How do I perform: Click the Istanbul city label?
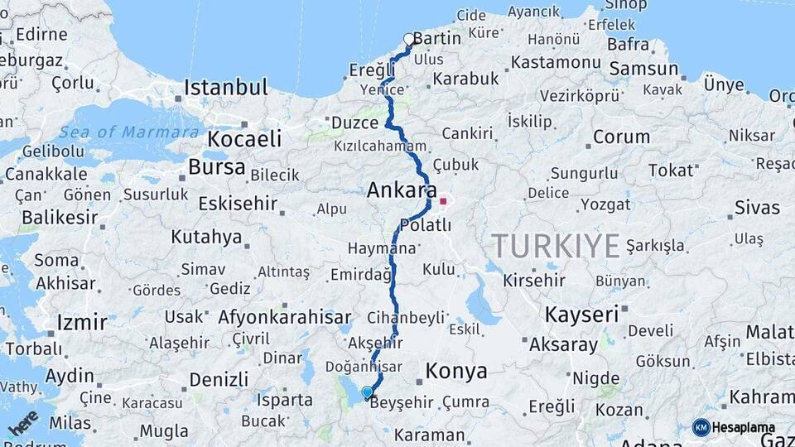(225, 87)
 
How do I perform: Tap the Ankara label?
(402, 190)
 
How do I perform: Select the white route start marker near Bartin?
(408, 39)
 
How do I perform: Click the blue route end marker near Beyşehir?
(367, 392)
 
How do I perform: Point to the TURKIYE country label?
(556, 246)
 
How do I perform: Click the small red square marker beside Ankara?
(443, 200)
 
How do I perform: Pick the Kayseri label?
(581, 315)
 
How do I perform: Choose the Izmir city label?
(81, 322)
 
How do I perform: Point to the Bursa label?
(216, 166)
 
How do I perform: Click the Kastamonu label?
(555, 62)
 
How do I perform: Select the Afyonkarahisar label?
(284, 317)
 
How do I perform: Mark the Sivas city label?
(757, 207)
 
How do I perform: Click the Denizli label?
(219, 379)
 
